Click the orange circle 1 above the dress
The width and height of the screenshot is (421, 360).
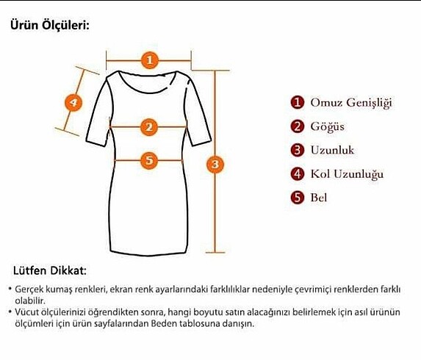click(x=149, y=60)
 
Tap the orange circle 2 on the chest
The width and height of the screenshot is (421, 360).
click(x=149, y=127)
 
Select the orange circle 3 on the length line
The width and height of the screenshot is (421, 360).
click(x=215, y=163)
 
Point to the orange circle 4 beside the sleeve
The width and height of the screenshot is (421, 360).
click(x=73, y=102)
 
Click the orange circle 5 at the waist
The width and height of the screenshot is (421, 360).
click(x=149, y=159)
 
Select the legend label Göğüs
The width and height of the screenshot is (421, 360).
click(x=327, y=126)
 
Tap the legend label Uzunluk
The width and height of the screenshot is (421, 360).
click(x=332, y=150)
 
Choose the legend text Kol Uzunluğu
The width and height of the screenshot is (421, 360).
click(x=347, y=174)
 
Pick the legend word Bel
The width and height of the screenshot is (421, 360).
click(x=319, y=197)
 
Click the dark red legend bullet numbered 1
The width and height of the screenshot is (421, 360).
click(x=297, y=102)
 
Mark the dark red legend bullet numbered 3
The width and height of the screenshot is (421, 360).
click(x=297, y=150)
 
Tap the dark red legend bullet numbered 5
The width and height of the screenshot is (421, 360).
click(x=297, y=197)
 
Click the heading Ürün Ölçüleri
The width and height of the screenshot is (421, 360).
click(x=49, y=25)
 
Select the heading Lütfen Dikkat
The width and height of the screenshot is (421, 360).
click(x=50, y=271)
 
